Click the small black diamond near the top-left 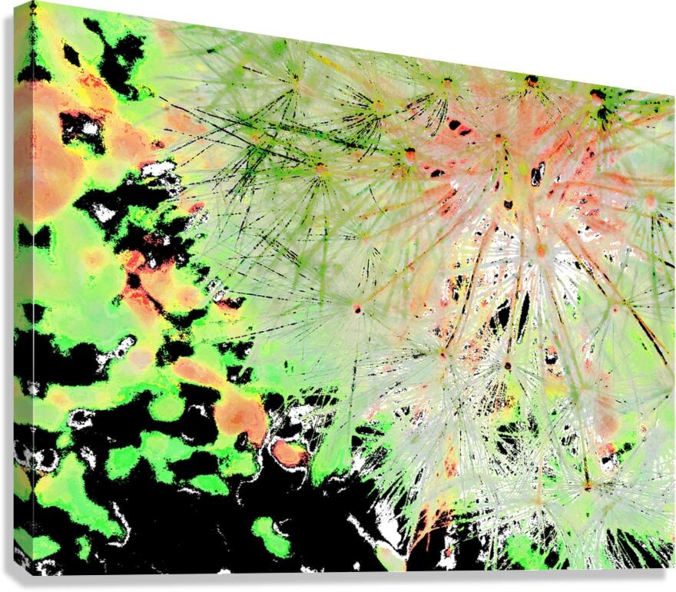pyautogui.click(x=71, y=55)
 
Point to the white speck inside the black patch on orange pyautogui.click(x=90, y=128)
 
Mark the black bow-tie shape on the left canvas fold pyautogui.click(x=33, y=236)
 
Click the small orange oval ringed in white pyautogui.click(x=287, y=453)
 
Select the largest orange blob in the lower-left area pyautogui.click(x=240, y=415)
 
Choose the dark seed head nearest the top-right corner pyautogui.click(x=598, y=97)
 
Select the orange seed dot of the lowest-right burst pyautogui.click(x=587, y=486)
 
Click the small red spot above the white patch pyautogui.click(x=158, y=144)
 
